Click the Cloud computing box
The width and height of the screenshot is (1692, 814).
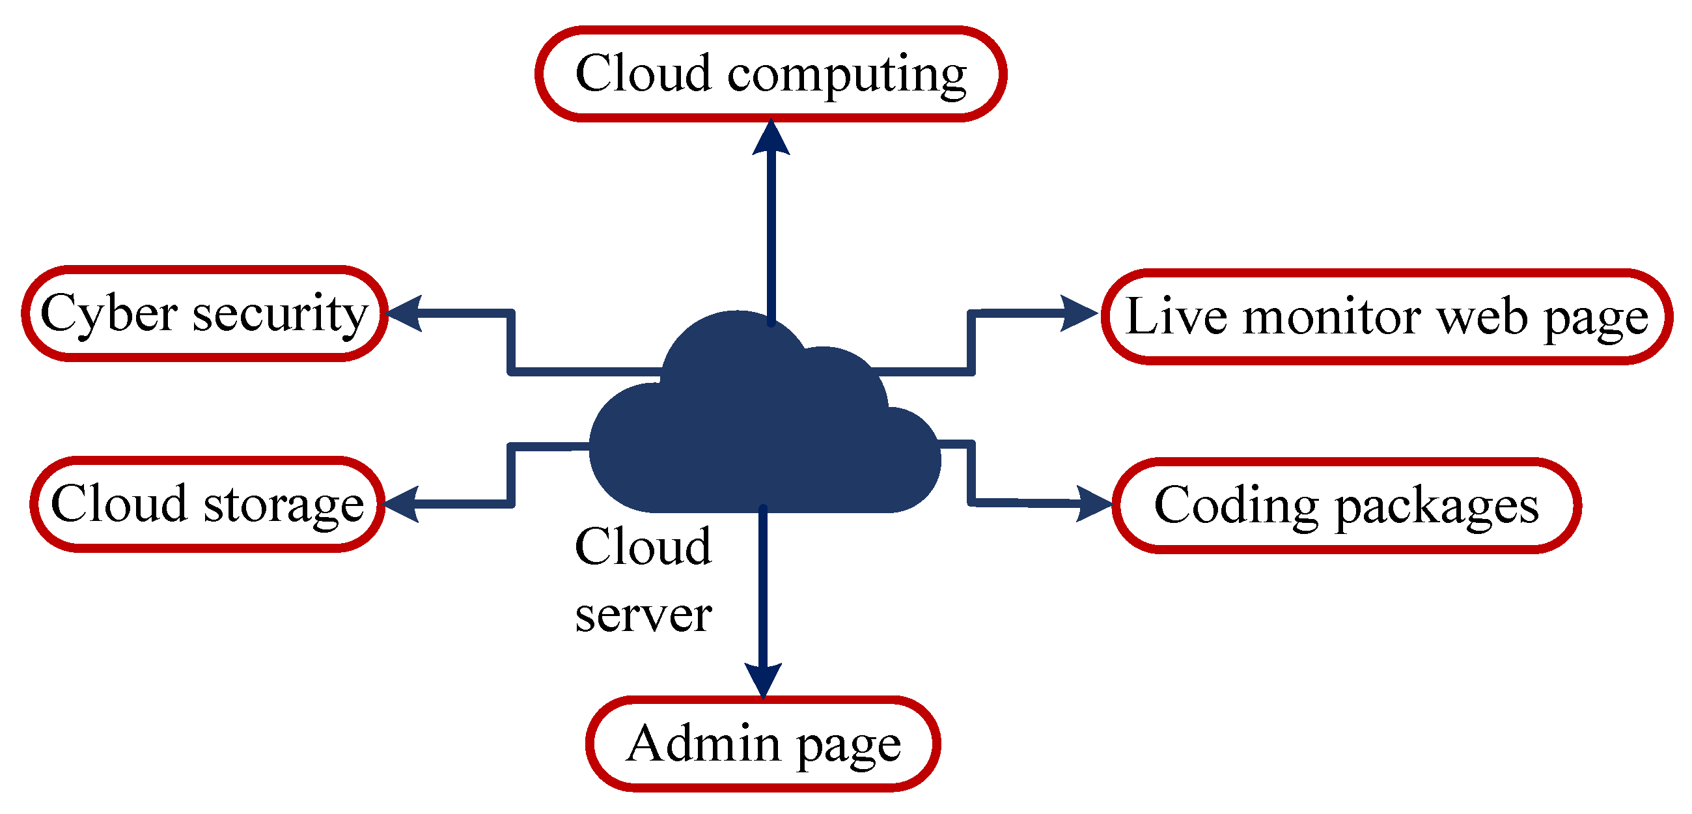click(x=770, y=74)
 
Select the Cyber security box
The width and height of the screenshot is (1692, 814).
click(x=204, y=313)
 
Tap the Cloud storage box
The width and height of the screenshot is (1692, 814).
click(x=207, y=504)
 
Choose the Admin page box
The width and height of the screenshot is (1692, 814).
click(x=762, y=744)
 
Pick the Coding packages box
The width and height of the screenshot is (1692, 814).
click(x=1346, y=505)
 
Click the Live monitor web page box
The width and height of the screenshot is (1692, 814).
click(x=1387, y=316)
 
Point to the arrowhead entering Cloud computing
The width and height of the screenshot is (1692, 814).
click(x=771, y=138)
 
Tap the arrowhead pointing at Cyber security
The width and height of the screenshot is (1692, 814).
click(x=403, y=313)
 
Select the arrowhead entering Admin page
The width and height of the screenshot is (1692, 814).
click(x=762, y=679)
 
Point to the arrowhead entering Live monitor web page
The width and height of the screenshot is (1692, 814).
click(x=1079, y=313)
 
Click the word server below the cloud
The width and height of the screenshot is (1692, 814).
click(x=643, y=615)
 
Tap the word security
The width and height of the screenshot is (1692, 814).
click(x=281, y=315)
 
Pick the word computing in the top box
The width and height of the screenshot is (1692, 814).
click(x=847, y=75)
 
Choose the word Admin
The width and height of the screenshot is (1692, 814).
click(x=704, y=744)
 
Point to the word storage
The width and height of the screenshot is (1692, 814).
click(x=284, y=506)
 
